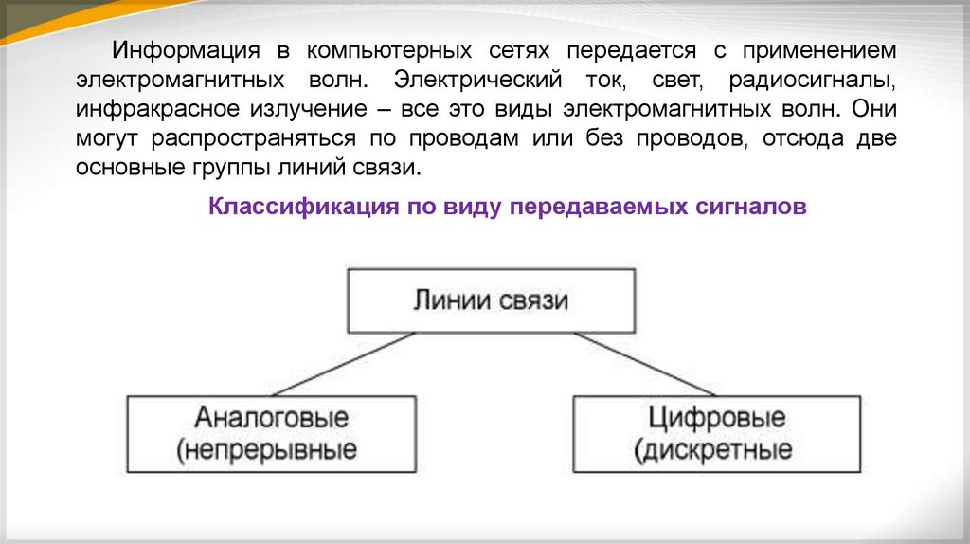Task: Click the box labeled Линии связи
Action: point(491,300)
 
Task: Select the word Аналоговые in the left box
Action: point(272,418)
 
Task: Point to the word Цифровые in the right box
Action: point(717,418)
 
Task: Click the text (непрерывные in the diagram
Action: point(267,447)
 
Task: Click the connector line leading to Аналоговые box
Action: point(341,364)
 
